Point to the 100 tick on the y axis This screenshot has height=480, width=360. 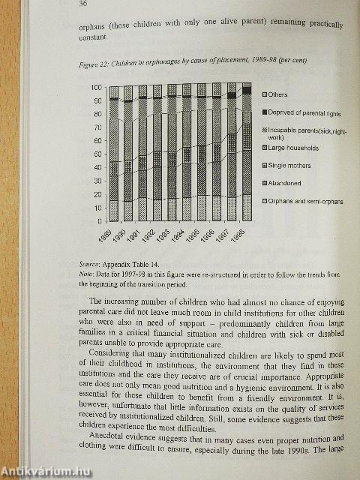pos(95,88)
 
